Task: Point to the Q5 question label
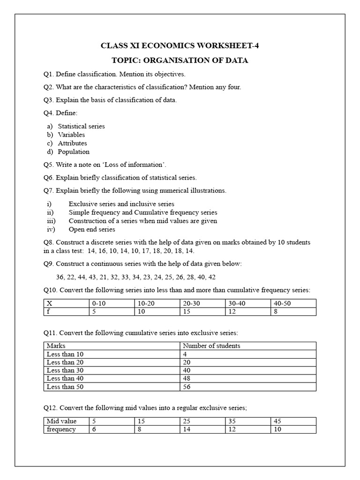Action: (x=49, y=165)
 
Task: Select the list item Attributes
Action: (x=72, y=143)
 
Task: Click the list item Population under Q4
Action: (x=74, y=151)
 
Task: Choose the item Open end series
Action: (x=91, y=229)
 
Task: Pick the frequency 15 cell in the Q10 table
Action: (x=187, y=311)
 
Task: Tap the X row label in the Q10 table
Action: (x=49, y=303)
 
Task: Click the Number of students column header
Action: (x=211, y=346)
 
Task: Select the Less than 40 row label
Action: (x=65, y=378)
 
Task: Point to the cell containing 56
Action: (x=187, y=387)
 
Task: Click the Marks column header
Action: (x=56, y=346)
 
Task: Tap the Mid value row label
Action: (x=61, y=421)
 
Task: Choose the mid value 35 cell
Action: (x=232, y=421)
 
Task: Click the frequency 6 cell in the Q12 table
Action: (x=94, y=429)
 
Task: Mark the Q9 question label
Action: (x=49, y=264)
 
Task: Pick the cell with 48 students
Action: (x=187, y=378)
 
